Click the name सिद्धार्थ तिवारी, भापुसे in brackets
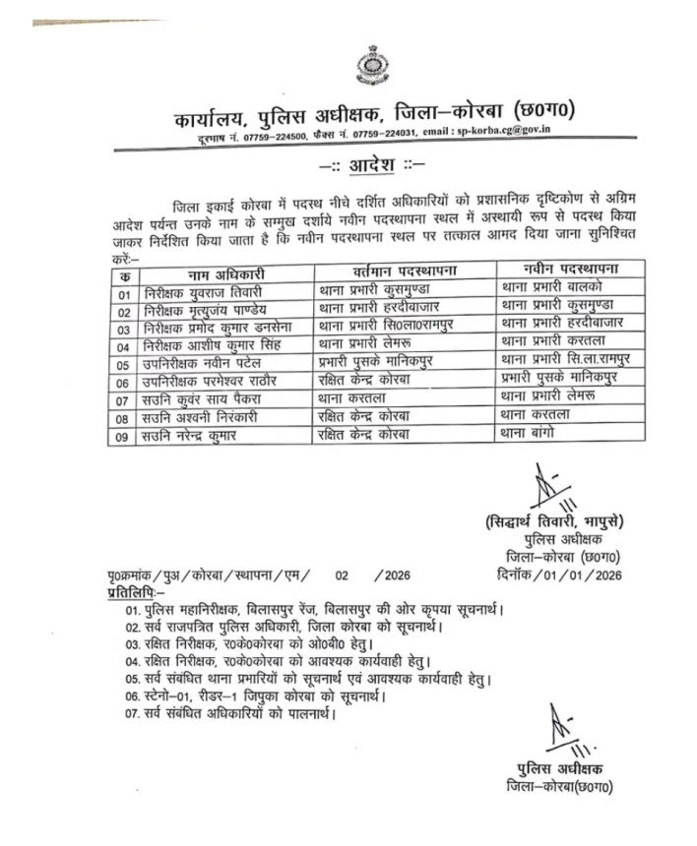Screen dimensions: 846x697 click(560, 519)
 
